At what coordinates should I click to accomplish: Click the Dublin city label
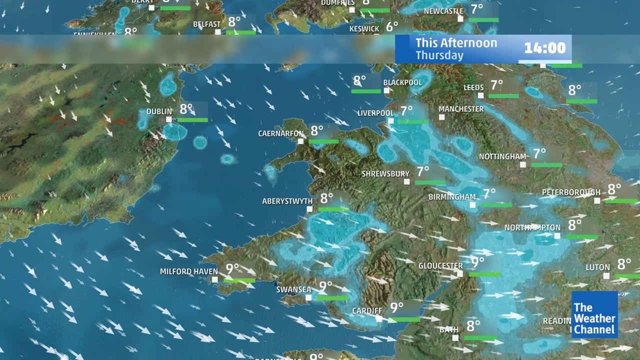(159, 111)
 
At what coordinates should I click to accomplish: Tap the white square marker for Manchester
(442, 117)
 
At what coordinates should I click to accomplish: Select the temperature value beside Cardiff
(396, 307)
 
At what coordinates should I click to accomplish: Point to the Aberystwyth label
(287, 201)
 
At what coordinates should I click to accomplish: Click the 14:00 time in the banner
(544, 48)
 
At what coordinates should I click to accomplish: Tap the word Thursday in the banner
(439, 55)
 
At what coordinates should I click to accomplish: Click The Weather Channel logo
(594, 314)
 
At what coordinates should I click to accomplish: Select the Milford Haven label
(188, 271)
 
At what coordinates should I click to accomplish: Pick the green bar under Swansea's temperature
(332, 298)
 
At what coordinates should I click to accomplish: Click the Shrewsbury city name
(385, 174)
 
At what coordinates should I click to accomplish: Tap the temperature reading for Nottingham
(539, 153)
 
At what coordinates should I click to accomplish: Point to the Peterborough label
(571, 192)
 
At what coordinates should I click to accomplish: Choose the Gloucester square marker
(460, 273)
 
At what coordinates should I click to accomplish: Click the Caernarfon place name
(281, 133)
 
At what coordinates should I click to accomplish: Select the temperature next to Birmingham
(488, 193)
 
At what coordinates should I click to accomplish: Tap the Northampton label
(532, 227)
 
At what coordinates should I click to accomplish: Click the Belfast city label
(206, 24)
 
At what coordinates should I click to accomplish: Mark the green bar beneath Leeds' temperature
(503, 96)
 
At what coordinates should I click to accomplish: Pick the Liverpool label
(375, 113)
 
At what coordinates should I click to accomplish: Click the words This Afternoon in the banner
(456, 43)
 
